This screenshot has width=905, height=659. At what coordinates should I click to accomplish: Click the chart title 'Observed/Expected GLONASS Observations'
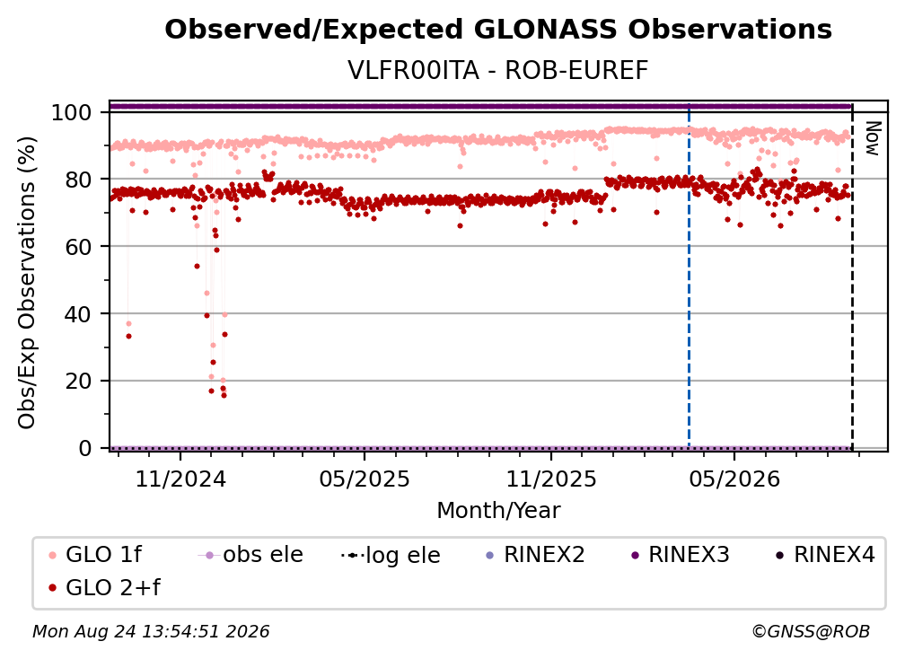498,30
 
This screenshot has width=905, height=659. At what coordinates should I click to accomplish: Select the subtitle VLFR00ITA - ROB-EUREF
498,70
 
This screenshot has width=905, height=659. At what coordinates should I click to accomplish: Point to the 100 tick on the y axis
72,112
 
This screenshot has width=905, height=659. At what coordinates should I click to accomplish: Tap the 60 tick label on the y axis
78,247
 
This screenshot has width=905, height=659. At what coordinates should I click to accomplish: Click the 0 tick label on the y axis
85,448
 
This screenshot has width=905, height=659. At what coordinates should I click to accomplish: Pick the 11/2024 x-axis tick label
180,479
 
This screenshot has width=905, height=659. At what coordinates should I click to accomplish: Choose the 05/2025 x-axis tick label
365,479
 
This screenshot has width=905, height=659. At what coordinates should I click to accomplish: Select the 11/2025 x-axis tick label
551,479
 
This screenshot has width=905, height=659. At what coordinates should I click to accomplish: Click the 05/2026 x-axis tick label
734,479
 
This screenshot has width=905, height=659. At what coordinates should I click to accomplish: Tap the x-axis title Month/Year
498,511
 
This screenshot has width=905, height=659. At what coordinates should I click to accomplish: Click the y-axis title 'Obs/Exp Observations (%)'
27,282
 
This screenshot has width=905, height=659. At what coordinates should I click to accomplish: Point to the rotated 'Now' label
872,138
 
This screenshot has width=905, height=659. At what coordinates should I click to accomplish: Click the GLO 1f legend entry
96,555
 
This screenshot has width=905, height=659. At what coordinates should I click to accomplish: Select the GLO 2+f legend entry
105,588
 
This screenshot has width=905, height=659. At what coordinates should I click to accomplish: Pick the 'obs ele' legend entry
250,555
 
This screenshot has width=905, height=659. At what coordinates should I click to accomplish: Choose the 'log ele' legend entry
391,555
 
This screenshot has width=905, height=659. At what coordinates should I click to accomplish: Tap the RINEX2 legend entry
536,555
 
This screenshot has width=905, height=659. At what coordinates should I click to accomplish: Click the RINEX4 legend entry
825,555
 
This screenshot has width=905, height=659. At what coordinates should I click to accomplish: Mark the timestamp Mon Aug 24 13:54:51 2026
151,632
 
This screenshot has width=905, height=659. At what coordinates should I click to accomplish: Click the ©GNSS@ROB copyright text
811,632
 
